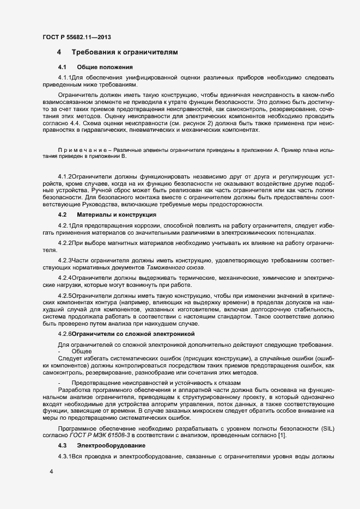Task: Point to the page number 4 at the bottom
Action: (x=51, y=472)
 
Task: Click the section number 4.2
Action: (x=62, y=215)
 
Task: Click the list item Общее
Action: (x=81, y=352)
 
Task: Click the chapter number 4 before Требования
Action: (x=59, y=52)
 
